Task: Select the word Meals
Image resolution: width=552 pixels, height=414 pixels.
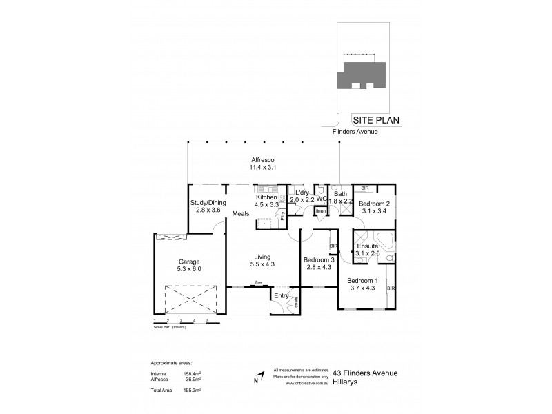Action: tap(241, 213)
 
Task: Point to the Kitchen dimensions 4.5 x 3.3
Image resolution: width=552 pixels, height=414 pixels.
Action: tap(266, 204)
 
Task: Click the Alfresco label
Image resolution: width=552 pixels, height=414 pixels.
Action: tap(266, 159)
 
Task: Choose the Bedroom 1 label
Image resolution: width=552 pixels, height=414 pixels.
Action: tap(362, 281)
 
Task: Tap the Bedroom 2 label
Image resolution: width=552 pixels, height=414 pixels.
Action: tap(375, 204)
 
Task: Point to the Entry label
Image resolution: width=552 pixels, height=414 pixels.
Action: tap(282, 296)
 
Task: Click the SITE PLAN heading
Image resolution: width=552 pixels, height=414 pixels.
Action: tap(376, 119)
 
